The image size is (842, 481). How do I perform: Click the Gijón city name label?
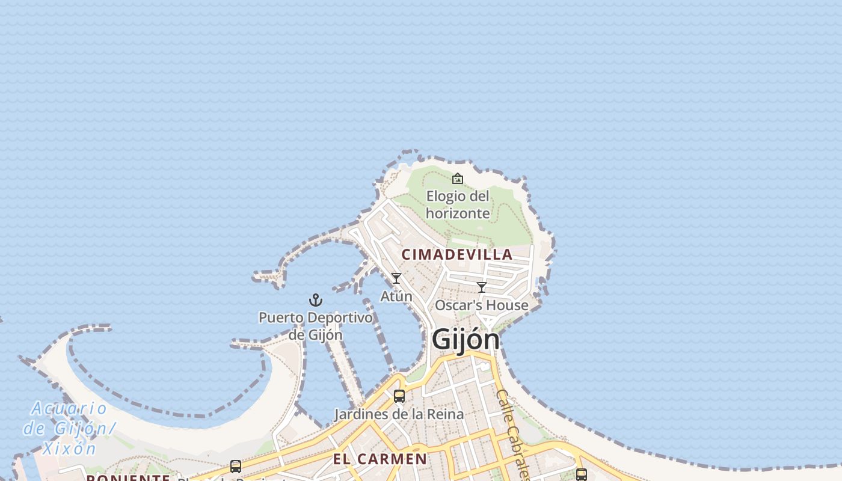pos(466,340)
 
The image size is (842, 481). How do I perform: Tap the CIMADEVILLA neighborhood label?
pos(457,254)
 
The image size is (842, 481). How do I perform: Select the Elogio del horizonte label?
pos(458,204)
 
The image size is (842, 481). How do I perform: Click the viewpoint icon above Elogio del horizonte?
pos(458,179)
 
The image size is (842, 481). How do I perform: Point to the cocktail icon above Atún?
pos(396,278)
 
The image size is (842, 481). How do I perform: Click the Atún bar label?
pos(396,296)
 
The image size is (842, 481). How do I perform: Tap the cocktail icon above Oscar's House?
pos(482,287)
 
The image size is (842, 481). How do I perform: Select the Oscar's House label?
pos(481,305)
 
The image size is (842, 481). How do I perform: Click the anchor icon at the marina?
pos(316,299)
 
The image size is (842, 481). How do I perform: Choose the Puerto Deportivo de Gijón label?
pos(316,325)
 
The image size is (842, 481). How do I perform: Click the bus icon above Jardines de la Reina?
pos(399,396)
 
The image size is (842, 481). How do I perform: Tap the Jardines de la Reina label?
pos(399,414)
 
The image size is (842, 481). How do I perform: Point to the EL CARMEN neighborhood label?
pos(380,459)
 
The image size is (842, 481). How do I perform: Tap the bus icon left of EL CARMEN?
pos(236,466)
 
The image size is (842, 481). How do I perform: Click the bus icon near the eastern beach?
pos(581,474)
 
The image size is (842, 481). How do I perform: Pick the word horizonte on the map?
pos(458,213)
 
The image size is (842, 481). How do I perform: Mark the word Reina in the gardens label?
pos(445,414)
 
